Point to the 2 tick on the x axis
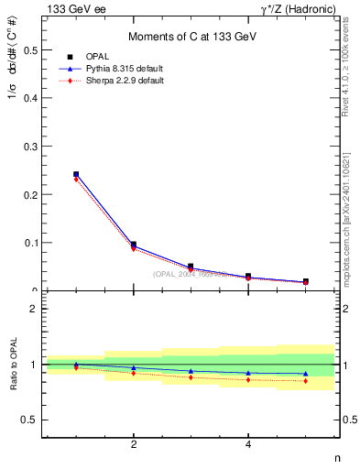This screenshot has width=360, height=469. coord(134,444)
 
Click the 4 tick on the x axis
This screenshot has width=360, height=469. coord(248,444)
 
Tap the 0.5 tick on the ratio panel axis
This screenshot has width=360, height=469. coord(30,420)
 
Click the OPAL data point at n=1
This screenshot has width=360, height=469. coord(76,174)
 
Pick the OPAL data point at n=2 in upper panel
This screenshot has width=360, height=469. coord(134,245)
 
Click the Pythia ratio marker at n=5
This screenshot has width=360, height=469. coord(305,374)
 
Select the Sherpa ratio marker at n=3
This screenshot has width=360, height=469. coord(191,377)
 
